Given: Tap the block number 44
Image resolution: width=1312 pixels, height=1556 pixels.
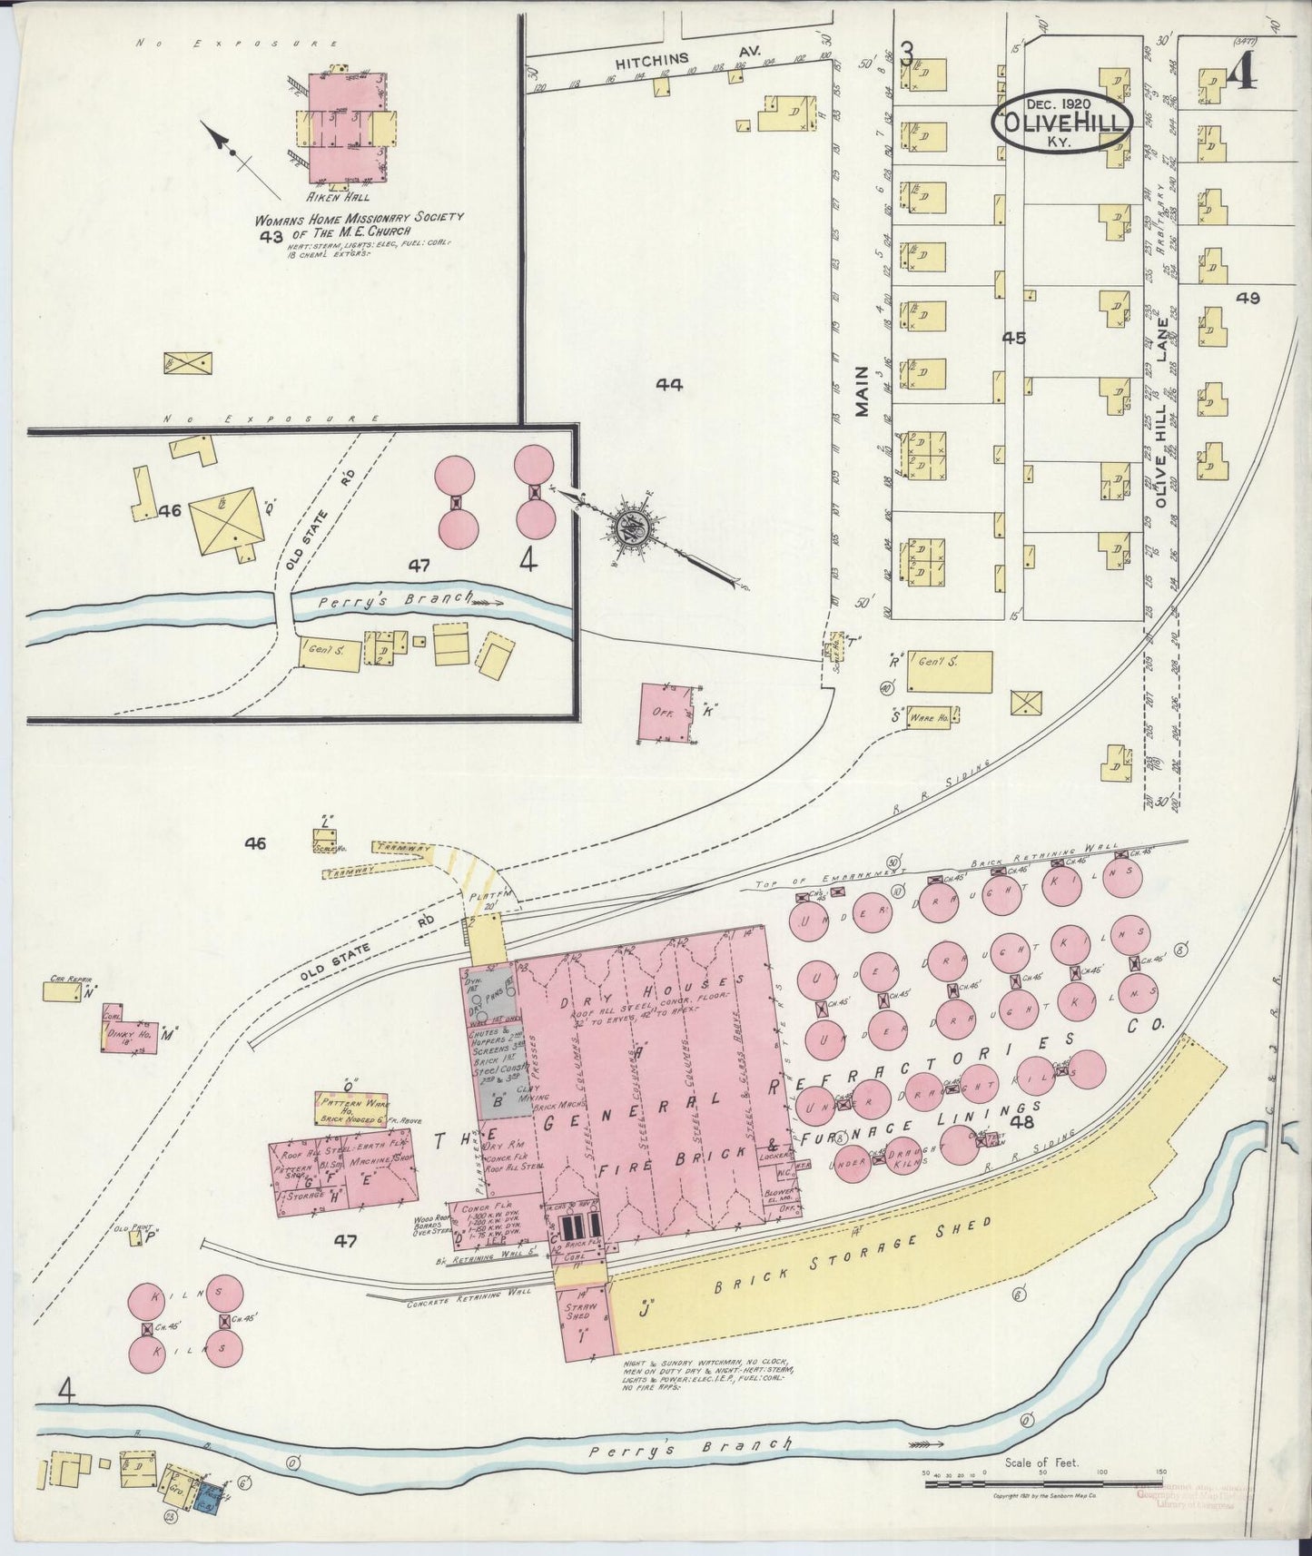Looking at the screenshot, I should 669,385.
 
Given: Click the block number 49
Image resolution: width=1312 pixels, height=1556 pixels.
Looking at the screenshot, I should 1248,298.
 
